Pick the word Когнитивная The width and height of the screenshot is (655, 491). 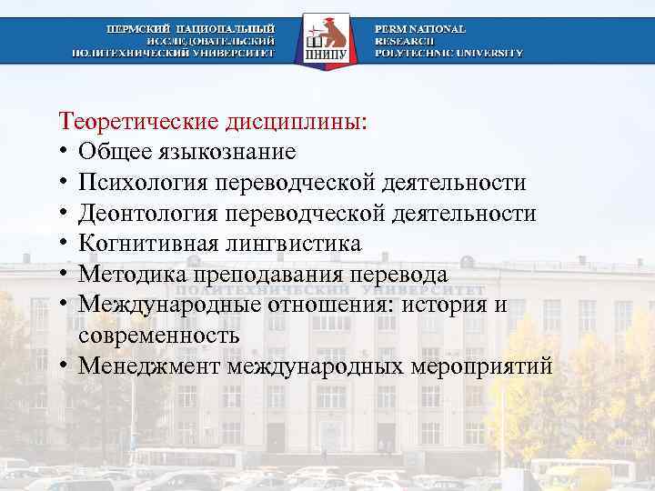coord(146,244)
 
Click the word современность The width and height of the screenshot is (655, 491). coord(159,336)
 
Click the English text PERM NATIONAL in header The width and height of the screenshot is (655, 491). coord(419,29)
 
